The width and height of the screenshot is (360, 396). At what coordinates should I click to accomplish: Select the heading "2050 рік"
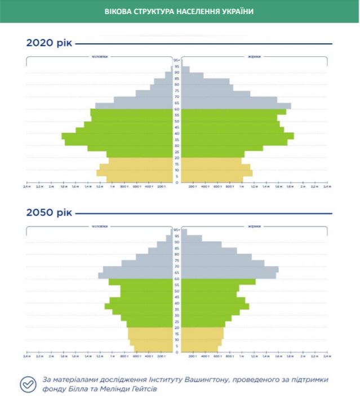pos(49,213)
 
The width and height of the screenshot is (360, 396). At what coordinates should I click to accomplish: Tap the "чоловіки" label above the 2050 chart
pos(100,226)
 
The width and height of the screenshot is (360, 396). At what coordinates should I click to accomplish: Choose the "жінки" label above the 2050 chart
pos(254,226)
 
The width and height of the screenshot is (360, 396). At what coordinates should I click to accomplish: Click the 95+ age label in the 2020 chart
pos(176,60)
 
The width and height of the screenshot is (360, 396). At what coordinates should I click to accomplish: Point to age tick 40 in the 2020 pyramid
pos(176,134)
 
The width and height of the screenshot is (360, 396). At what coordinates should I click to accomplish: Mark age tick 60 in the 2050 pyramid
pos(176,279)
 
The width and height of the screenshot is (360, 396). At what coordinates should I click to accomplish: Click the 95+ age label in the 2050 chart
pos(176,230)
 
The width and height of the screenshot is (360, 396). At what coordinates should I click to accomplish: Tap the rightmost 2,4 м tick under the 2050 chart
pos(326,356)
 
